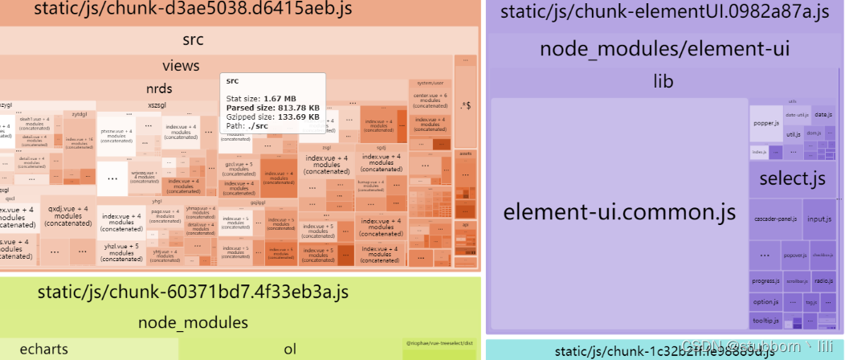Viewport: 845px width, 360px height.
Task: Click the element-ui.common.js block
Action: point(619,213)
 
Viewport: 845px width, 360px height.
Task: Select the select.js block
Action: point(792,178)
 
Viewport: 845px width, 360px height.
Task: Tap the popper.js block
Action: point(765,124)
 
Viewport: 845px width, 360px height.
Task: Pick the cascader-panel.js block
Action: point(776,219)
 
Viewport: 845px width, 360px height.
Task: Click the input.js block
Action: point(818,219)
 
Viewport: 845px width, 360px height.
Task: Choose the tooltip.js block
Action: point(766,321)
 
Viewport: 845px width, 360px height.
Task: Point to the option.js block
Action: point(765,301)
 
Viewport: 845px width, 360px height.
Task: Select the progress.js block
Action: point(765,280)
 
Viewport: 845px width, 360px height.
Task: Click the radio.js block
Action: point(823,280)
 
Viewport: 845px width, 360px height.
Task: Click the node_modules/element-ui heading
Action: point(664,49)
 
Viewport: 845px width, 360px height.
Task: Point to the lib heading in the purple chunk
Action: point(663,81)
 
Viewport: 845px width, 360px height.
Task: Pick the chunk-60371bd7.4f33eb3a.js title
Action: point(193,292)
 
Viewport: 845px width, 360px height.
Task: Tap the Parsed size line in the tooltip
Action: point(273,107)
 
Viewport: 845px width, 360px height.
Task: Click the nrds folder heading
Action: point(158,88)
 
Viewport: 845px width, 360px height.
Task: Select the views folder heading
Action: point(181,65)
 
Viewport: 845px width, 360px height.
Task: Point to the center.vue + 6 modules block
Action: point(431,100)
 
